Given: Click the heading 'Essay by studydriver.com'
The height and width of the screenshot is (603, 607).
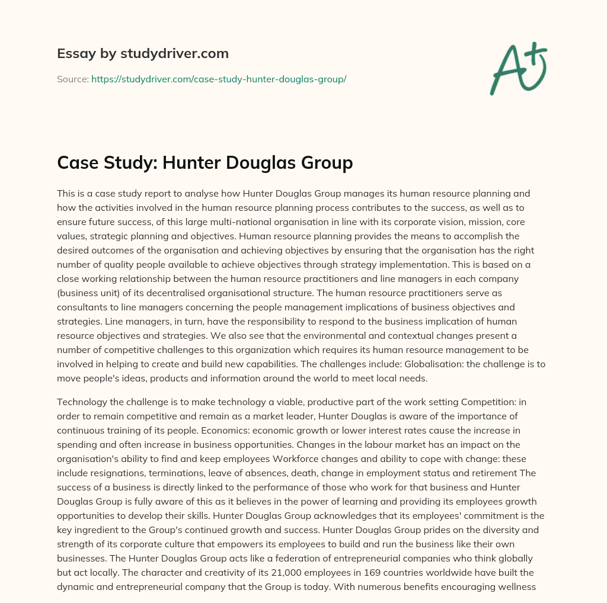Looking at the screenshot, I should [142, 54].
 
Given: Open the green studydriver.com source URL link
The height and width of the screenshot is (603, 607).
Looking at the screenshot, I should [218, 79].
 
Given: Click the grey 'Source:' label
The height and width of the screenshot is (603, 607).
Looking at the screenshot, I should [72, 79].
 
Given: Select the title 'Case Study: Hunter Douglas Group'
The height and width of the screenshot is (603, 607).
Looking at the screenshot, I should [205, 162].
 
